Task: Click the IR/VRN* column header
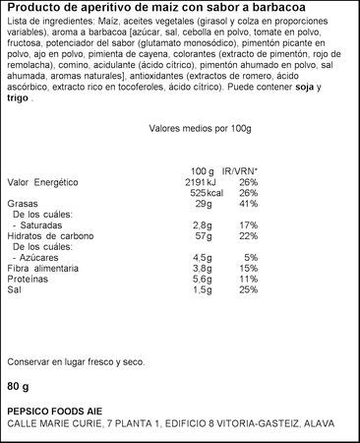tap(240, 170)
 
